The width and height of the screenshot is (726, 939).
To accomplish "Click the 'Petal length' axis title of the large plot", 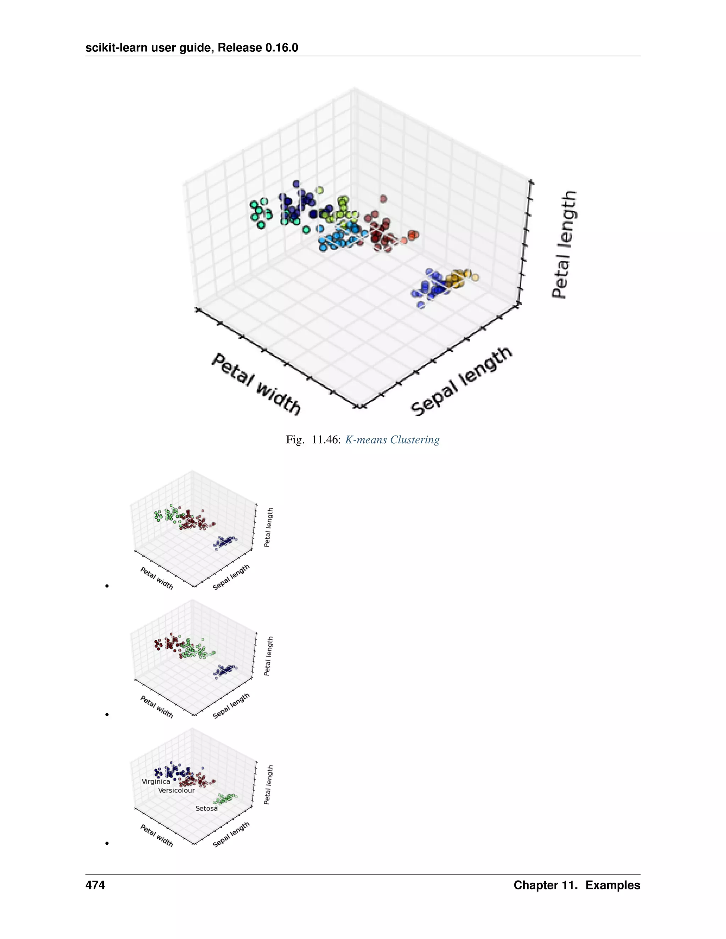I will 564,244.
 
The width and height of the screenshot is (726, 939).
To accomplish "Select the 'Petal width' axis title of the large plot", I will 256,384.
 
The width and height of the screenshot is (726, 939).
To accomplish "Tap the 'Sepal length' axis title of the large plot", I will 461,381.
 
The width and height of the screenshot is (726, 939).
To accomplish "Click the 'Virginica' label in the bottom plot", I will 156,781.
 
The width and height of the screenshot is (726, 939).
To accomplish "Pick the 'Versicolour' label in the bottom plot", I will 176,790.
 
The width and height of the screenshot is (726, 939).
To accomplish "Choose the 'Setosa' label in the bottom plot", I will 206,808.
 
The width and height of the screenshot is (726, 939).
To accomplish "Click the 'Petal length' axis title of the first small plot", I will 268,527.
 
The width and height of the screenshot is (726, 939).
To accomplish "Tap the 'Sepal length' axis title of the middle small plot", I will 231,705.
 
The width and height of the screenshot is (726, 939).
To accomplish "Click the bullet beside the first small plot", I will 107,586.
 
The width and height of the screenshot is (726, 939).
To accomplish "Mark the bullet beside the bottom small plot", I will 107,843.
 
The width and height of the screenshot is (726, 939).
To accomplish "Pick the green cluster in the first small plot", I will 168,514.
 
